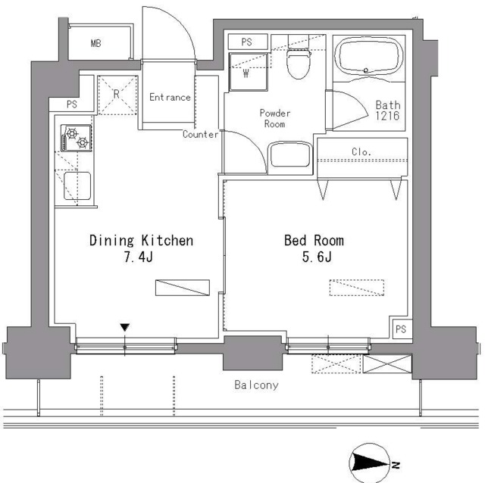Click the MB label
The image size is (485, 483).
click(95, 43)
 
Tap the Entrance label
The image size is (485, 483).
click(170, 97)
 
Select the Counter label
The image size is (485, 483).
click(201, 135)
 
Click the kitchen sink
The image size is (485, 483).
click(78, 186)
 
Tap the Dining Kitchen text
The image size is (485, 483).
click(141, 241)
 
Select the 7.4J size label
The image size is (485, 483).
click(140, 258)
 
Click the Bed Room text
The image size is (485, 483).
click(314, 241)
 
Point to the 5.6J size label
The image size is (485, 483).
click(314, 258)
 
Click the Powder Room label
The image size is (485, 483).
click(275, 118)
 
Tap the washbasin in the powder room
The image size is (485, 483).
click(289, 157)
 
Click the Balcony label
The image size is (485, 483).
click(255, 385)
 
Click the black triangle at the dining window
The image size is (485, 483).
click(124, 327)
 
